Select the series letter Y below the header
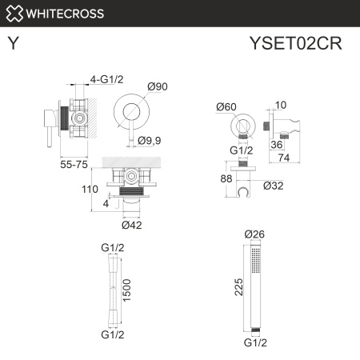[14, 44]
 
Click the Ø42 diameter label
[133, 225]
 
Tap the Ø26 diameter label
[254, 234]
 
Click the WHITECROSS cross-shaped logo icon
[14, 13]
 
